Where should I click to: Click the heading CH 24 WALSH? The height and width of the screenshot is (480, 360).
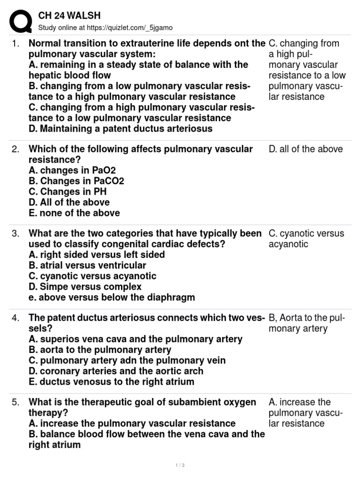coord(69,16)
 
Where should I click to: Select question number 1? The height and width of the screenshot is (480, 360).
coord(15,44)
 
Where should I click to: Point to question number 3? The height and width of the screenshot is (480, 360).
coord(15,233)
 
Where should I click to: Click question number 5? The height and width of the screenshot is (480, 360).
coord(15,402)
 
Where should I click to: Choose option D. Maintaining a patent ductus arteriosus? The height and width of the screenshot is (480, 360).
coord(120,128)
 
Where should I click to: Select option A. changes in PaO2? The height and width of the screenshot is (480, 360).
coord(72,170)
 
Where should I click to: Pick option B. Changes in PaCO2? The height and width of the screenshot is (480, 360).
coord(76,181)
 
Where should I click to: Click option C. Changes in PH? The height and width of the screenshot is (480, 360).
coord(67,192)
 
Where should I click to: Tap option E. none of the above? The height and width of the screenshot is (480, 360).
coord(74,213)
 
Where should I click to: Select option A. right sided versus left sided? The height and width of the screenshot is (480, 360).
coord(97,255)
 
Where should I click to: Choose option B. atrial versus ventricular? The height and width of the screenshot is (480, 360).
coord(87,265)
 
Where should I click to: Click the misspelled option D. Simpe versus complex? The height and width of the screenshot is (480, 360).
coord(85,286)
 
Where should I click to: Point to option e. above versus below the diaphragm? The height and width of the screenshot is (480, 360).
coord(112,297)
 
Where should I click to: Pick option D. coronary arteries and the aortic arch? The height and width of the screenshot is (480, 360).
coord(116,371)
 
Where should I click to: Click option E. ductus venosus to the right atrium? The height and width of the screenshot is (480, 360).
coord(111,382)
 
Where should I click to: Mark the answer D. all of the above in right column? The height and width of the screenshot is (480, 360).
coord(306,149)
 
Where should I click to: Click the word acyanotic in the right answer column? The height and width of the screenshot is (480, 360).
coord(288,244)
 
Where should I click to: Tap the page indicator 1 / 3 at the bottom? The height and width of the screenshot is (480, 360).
coord(180,465)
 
